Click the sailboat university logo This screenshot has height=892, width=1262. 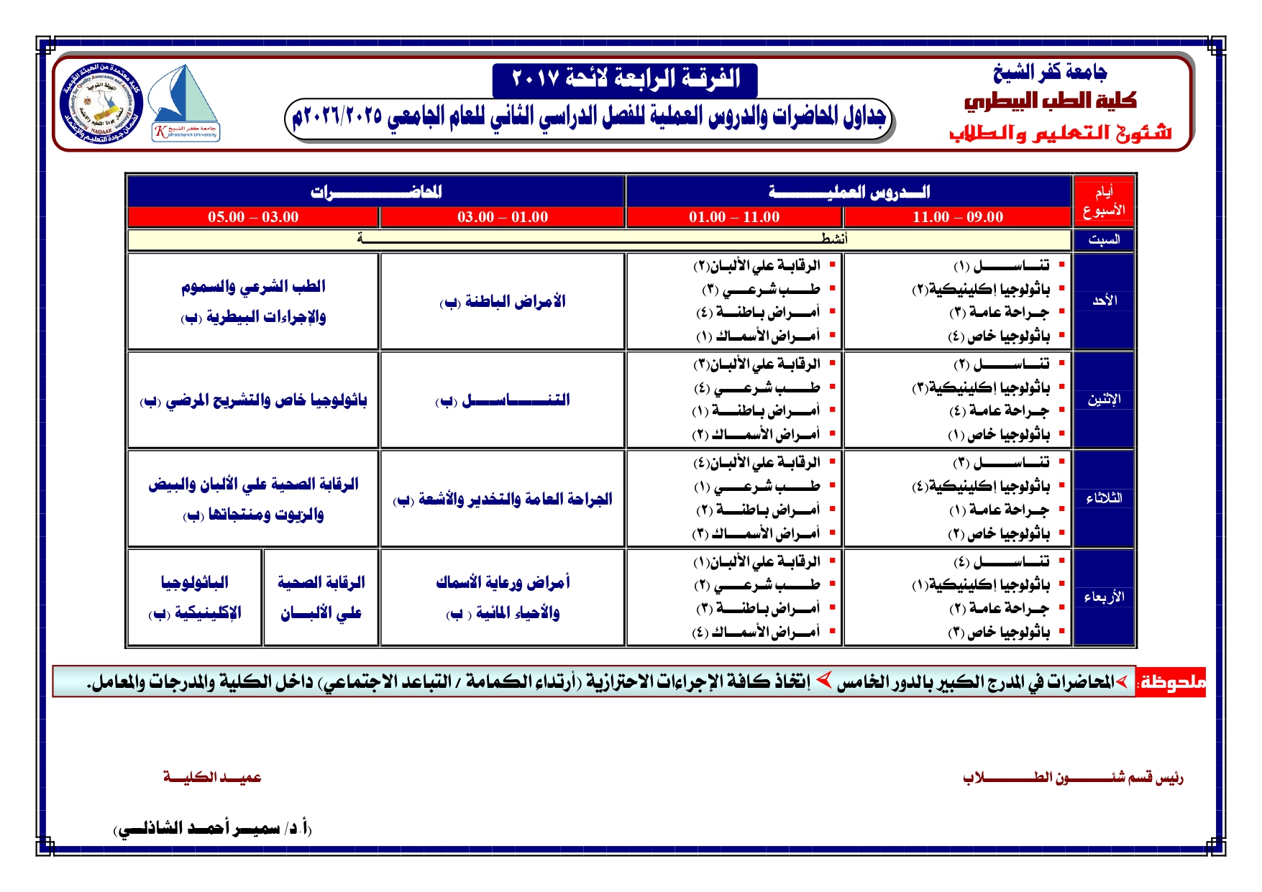pyautogui.click(x=185, y=104)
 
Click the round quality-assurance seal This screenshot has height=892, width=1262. pyautogui.click(x=101, y=103)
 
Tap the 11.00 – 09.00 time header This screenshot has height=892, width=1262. pyautogui.click(x=957, y=217)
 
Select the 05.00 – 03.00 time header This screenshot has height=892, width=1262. pyautogui.click(x=253, y=217)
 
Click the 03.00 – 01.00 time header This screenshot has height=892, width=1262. pyautogui.click(x=503, y=217)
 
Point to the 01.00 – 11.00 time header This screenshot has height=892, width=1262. pyautogui.click(x=734, y=217)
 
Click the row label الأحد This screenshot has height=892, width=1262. pyautogui.click(x=1104, y=300)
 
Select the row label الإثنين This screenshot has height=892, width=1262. pyautogui.click(x=1104, y=400)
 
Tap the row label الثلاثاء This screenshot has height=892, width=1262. pyautogui.click(x=1104, y=498)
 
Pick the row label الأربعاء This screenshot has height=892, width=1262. pyautogui.click(x=1104, y=597)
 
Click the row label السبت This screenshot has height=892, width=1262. pyautogui.click(x=1104, y=239)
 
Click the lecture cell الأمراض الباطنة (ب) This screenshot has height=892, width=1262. pyautogui.click(x=503, y=301)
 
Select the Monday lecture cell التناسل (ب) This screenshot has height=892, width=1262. pyautogui.click(x=503, y=400)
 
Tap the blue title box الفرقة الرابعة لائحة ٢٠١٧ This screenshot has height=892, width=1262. pyautogui.click(x=625, y=79)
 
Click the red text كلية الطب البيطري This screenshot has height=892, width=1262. pyautogui.click(x=1050, y=101)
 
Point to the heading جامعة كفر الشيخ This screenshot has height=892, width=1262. pyautogui.click(x=1050, y=73)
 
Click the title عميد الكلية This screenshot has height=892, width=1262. pyautogui.click(x=212, y=777)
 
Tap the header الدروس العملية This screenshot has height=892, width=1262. pyautogui.click(x=849, y=192)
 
